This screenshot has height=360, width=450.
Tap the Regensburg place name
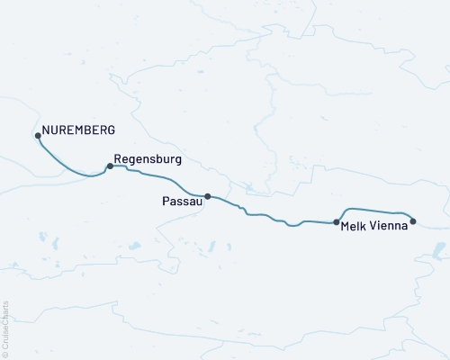tap(148, 158)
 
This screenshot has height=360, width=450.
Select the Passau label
tap(182, 202)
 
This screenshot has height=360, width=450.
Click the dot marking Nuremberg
tap(38, 136)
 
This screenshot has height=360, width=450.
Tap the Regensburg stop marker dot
tap(110, 166)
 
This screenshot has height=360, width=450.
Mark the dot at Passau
tap(208, 196)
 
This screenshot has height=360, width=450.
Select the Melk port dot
tap(336, 221)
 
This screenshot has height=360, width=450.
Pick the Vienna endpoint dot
tap(413, 220)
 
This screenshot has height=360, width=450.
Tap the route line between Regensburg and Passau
tap(162, 183)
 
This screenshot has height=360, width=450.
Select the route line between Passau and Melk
tap(270, 218)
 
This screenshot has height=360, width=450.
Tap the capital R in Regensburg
tap(118, 158)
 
